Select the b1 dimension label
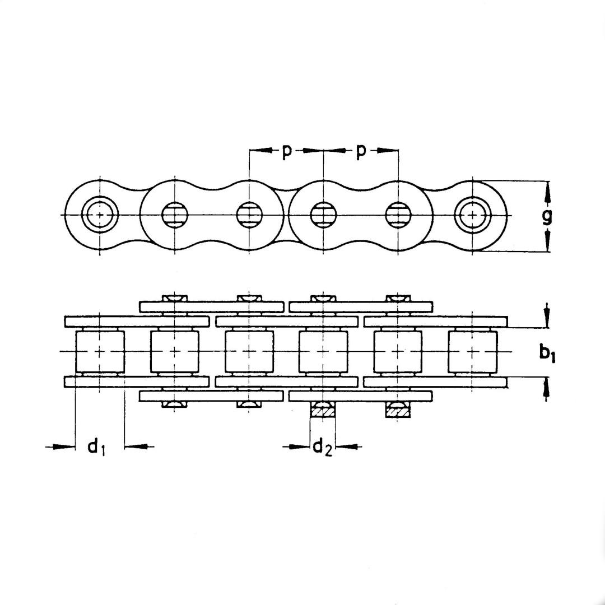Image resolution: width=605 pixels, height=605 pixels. (x=547, y=353)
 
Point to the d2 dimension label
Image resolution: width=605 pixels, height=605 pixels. (x=323, y=448)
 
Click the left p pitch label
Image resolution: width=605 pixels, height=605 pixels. (x=286, y=152)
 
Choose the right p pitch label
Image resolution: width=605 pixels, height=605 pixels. (x=360, y=152)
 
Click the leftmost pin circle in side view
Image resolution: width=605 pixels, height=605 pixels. (x=100, y=215)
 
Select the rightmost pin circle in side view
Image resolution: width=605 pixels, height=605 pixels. (x=473, y=215)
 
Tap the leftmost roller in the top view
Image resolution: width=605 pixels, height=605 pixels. (x=100, y=352)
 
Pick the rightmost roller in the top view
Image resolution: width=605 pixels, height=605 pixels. (x=473, y=352)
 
